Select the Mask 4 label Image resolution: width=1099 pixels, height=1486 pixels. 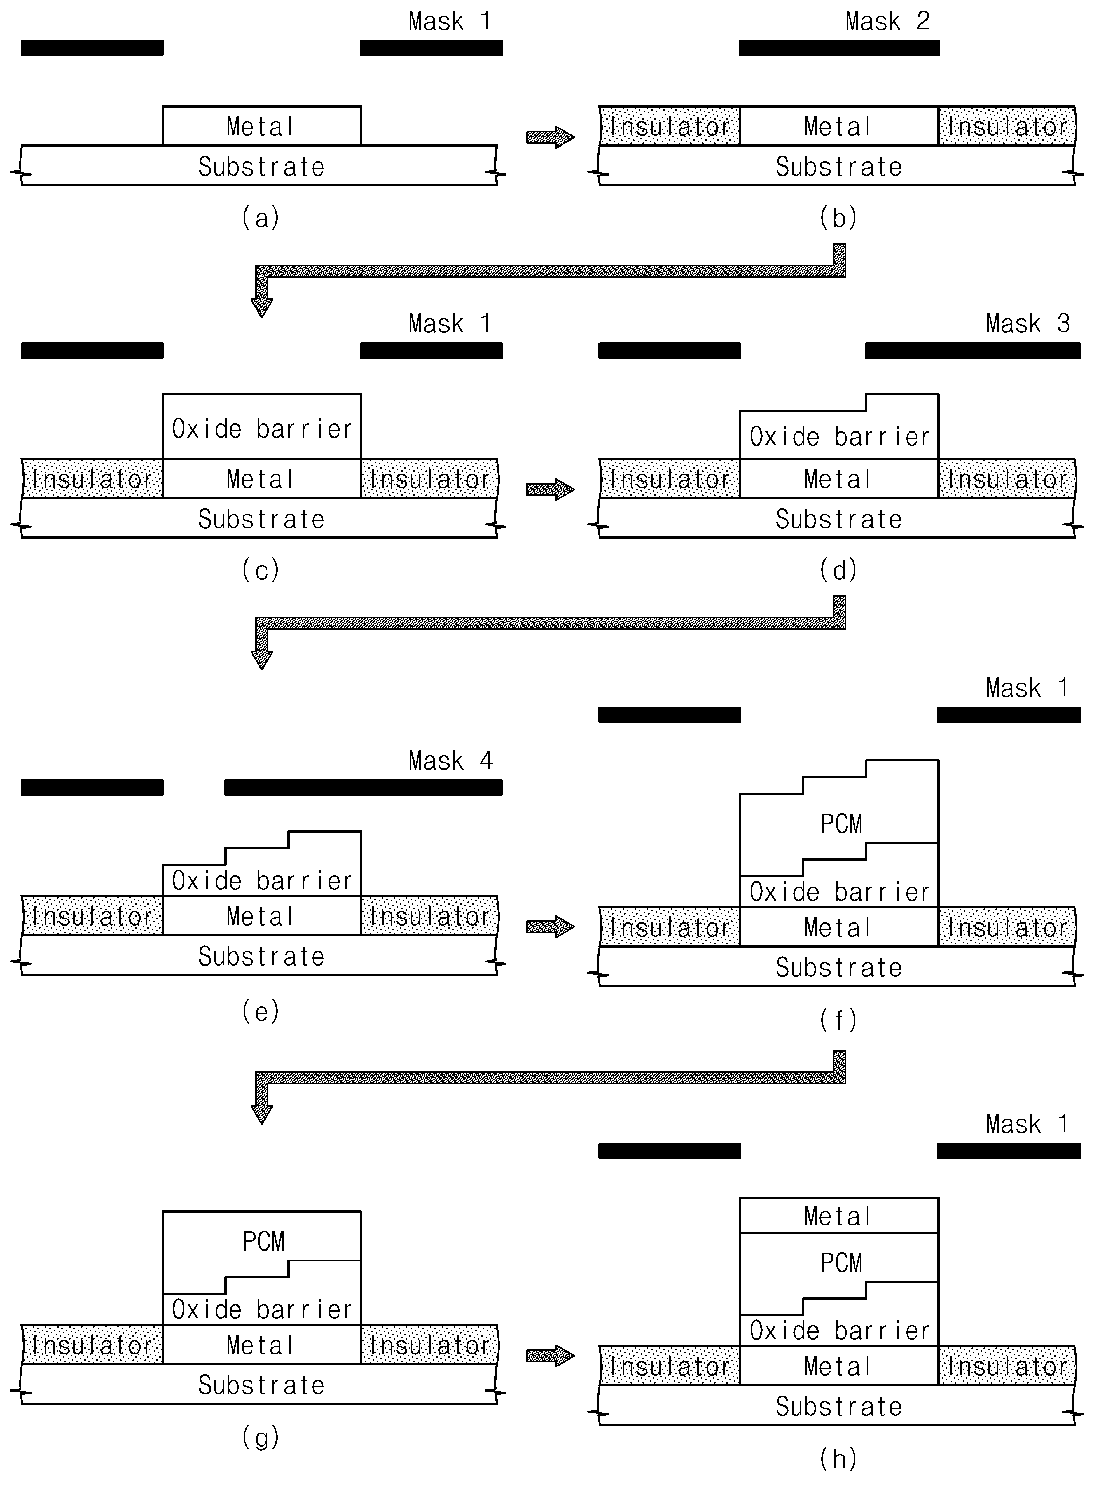point(450,760)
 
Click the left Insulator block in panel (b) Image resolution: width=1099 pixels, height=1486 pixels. point(669,126)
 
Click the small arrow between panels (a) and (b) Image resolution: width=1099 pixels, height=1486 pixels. point(550,137)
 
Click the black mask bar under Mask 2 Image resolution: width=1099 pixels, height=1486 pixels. point(839,48)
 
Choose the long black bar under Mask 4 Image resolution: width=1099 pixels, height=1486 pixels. point(363,788)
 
